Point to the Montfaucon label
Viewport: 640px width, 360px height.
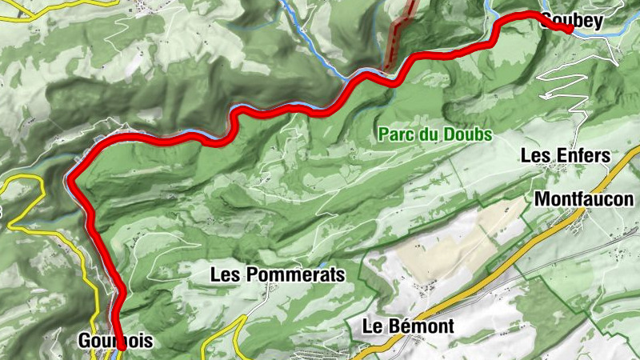click(x=584, y=199)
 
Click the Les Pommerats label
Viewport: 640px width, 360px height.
click(x=277, y=274)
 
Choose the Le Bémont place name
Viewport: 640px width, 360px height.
click(x=408, y=326)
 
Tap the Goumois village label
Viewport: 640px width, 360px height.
click(x=115, y=342)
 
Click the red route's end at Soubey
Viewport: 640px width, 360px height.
click(x=569, y=30)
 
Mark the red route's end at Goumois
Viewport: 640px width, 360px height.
click(x=122, y=347)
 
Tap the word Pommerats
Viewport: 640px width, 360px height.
click(x=296, y=274)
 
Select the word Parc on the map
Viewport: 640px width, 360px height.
click(x=398, y=135)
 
